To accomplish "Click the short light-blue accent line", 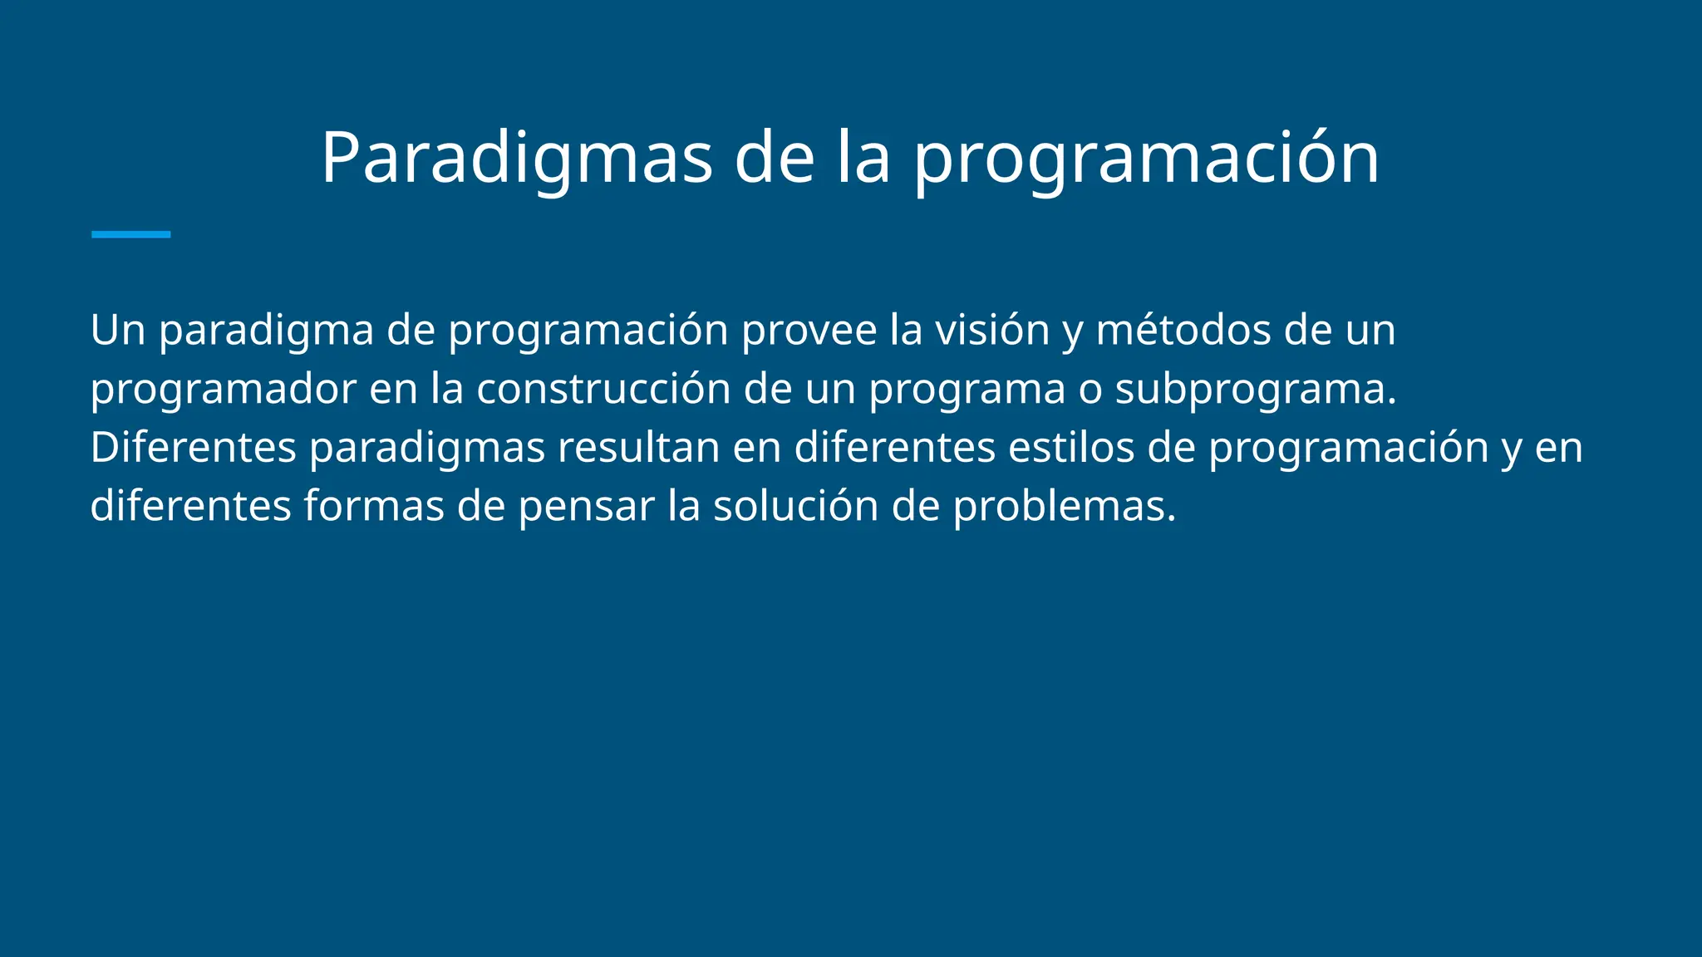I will coord(130,235).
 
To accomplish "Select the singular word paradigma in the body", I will coord(266,331).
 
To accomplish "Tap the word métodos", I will coord(1183,331).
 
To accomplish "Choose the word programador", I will coord(223,390).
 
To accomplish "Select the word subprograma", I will coord(1255,390).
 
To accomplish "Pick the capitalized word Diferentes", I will coord(193,448).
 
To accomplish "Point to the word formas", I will coord(374,506).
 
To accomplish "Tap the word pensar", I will coord(587,506).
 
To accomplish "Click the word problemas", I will coord(1064,506).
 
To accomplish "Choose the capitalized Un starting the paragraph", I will coord(118,331).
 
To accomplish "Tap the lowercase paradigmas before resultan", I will coord(426,448).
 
